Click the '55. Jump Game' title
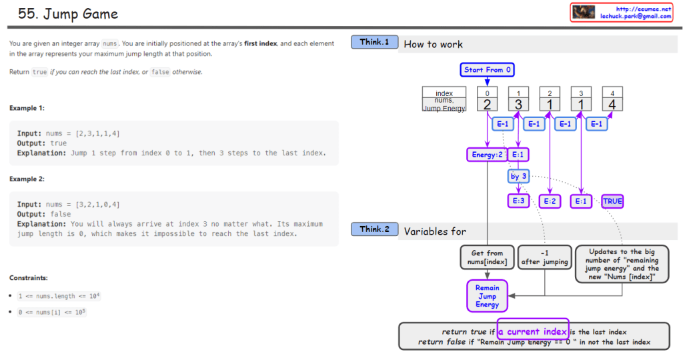(68, 14)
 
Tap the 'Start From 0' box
(488, 70)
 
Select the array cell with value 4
(612, 104)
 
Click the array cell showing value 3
(519, 104)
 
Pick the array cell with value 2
(488, 104)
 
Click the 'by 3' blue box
(518, 177)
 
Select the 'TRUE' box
(612, 201)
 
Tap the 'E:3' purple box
(518, 201)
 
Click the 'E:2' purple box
(550, 201)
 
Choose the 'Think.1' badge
(374, 42)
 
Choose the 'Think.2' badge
(374, 229)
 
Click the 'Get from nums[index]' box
(487, 257)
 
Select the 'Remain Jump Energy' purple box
(487, 295)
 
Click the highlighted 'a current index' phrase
(533, 331)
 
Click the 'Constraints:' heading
(28, 277)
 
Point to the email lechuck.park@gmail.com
(636, 16)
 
